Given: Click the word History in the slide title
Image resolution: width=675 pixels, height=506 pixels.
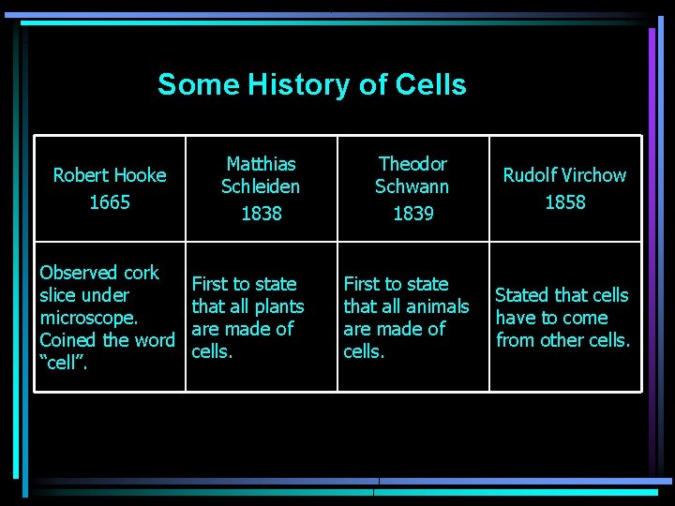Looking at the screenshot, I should point(299,85).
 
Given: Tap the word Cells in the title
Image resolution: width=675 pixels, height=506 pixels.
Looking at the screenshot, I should point(430,85).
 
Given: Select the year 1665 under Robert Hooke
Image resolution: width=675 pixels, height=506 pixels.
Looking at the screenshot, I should point(110,202).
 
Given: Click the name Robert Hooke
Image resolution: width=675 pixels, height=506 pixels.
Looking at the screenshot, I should point(110,175).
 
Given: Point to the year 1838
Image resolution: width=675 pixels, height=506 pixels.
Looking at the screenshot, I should point(261,214).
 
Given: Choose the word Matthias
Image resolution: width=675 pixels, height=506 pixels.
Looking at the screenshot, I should point(261,164).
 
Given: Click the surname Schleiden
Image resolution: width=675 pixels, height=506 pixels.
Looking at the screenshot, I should point(261,186).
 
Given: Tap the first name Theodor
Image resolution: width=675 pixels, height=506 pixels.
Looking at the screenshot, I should point(412,164).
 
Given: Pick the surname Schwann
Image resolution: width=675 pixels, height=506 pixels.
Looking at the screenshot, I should point(412,186).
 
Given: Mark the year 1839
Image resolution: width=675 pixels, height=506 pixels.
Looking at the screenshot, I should point(412,214).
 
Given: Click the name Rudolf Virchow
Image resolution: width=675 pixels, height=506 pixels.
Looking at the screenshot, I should point(564,175).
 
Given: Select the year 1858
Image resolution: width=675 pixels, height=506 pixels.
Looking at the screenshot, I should point(564,202).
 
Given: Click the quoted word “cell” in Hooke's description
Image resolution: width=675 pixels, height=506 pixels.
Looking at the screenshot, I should point(64,363).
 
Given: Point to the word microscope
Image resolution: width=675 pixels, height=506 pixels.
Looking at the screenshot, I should point(89,318).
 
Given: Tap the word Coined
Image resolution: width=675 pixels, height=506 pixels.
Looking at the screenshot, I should point(69,340).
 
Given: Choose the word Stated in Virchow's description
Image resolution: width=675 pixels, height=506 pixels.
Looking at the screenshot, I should point(523,295).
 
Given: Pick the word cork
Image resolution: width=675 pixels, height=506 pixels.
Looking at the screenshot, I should point(142,273).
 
